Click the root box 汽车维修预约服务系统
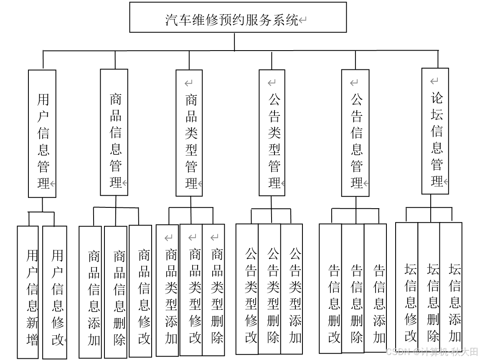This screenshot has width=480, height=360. (x=238, y=17)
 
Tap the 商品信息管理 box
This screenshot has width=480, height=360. (x=114, y=133)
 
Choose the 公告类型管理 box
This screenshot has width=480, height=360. (x=272, y=133)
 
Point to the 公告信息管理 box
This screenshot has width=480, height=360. (x=355, y=133)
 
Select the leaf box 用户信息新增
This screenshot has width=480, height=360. (x=28, y=292)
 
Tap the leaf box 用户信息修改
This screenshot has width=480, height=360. (x=55, y=292)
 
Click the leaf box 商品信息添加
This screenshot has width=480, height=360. (x=90, y=292)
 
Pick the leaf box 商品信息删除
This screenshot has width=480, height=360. (x=116, y=292)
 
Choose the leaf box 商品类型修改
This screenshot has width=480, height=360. (x=191, y=290)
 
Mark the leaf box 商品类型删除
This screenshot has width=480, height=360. (x=214, y=290)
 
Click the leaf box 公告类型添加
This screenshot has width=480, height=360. (x=292, y=289)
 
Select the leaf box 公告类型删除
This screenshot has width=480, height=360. (x=269, y=289)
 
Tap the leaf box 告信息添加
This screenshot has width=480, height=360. (x=375, y=289)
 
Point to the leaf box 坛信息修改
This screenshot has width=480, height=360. (x=407, y=288)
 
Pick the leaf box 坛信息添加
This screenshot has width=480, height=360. (x=451, y=288)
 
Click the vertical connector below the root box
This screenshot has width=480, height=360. (x=234, y=41)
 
